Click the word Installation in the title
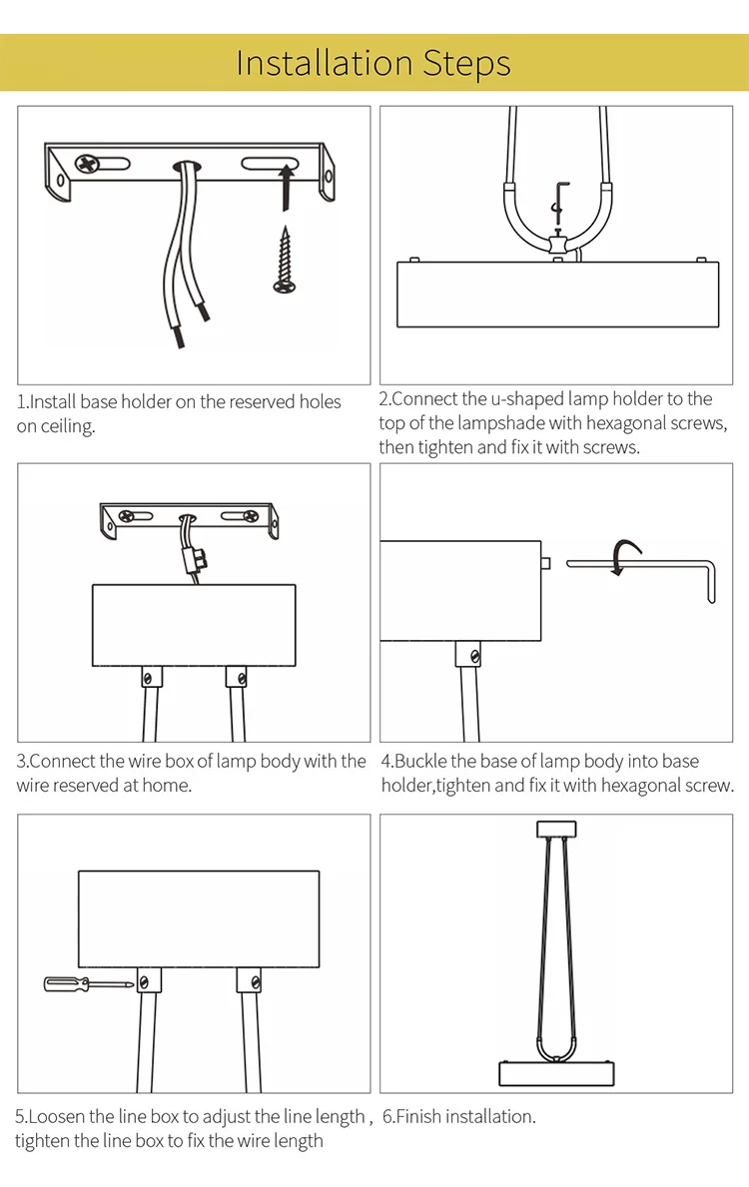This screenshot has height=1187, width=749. coord(325,63)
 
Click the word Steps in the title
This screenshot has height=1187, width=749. coord(466,64)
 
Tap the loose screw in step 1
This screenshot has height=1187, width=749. coord(285,260)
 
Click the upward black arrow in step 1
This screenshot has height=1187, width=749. coord(286,187)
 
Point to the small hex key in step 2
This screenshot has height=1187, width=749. coord(559,202)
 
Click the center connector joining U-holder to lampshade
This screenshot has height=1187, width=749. coord(558,245)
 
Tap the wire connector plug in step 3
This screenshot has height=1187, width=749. coord(193,558)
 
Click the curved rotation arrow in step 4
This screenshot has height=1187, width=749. coord(625,556)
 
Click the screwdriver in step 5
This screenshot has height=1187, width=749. coord(89,984)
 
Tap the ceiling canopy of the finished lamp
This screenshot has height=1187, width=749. coord(556,829)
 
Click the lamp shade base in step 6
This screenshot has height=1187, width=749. coord(556,1073)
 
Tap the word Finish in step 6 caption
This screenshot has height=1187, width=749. coord(421,1116)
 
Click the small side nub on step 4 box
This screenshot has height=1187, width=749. coord(546,563)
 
